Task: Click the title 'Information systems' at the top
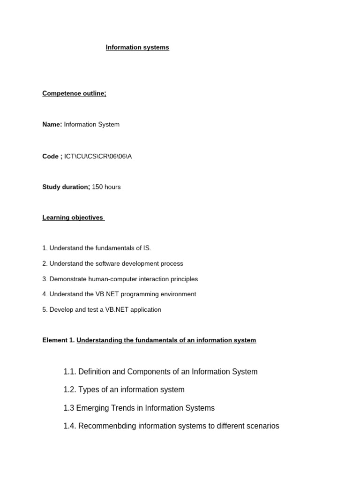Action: (137, 47)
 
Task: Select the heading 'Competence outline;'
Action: (74, 93)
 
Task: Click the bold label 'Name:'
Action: (52, 124)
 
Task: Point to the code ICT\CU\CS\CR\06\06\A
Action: (98, 156)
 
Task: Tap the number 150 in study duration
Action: (97, 187)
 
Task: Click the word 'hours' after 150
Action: (112, 187)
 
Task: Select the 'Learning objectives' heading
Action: (73, 217)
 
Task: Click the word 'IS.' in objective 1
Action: (146, 248)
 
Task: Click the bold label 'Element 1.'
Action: (58, 340)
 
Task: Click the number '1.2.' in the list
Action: (70, 390)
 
